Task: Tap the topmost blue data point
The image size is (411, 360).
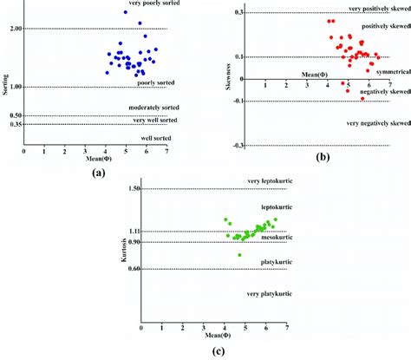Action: (125, 11)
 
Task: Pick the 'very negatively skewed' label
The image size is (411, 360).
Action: (378, 123)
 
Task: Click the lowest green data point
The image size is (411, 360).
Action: (240, 255)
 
